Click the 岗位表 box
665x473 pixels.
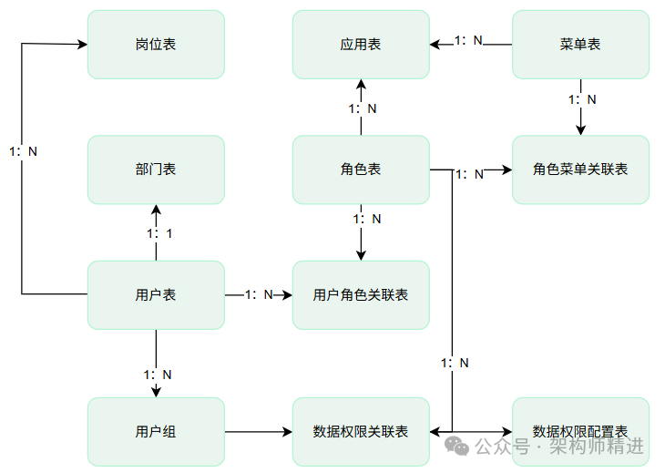[156, 44]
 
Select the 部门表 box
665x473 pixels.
[156, 170]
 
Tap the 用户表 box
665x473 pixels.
[156, 294]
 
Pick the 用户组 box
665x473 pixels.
[156, 431]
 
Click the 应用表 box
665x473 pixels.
[361, 44]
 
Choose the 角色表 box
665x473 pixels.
[361, 170]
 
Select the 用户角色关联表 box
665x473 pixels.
[361, 294]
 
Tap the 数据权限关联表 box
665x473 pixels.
[361, 431]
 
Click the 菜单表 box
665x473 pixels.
[580, 44]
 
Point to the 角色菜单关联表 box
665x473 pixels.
[580, 170]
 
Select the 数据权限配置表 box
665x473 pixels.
[580, 431]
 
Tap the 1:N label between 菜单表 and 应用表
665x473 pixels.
[469, 41]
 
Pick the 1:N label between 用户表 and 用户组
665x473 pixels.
[157, 374]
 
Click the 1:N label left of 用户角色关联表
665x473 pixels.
[259, 294]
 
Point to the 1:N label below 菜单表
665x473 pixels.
[582, 98]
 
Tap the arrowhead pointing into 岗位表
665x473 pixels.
[81, 44]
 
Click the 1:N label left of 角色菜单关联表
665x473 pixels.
[469, 173]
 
